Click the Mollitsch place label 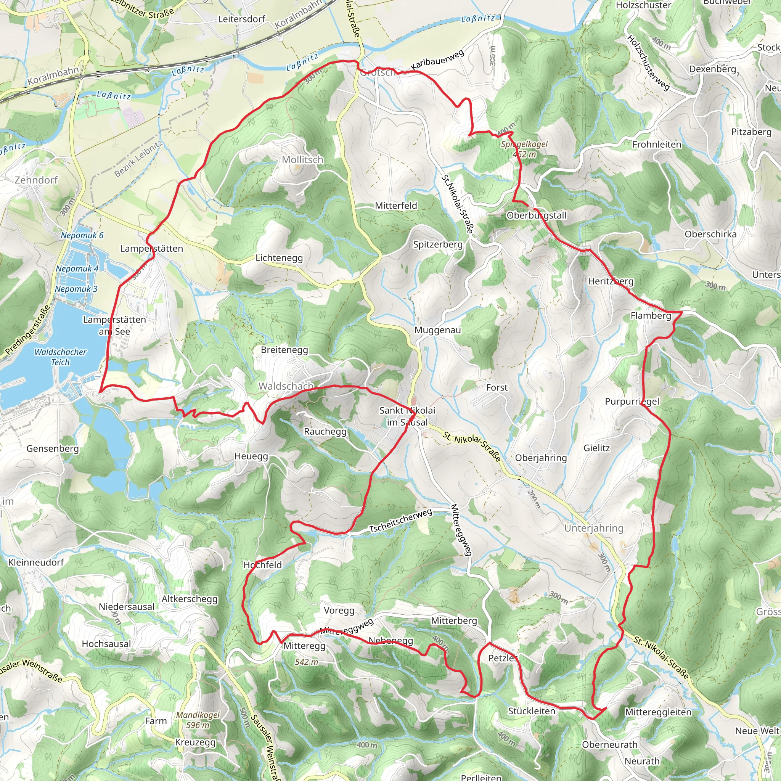(302, 160)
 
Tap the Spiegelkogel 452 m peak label (524, 149)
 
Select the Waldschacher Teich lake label (60, 357)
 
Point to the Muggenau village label (437, 330)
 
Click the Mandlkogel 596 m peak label (198, 720)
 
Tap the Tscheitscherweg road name (401, 521)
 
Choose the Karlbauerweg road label (437, 59)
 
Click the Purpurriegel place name (632, 402)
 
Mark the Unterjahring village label (593, 528)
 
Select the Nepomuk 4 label (77, 268)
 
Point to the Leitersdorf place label (241, 19)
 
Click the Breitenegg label (284, 350)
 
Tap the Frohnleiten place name (657, 144)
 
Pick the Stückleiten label (531, 711)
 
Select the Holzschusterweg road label (648, 62)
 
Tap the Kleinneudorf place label (36, 562)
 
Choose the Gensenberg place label (53, 448)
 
